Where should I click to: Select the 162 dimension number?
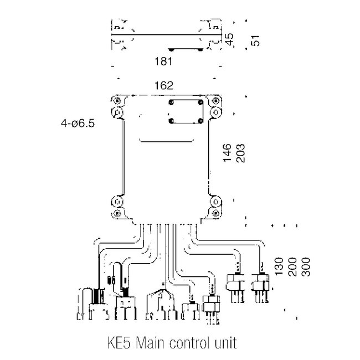[x=165, y=85]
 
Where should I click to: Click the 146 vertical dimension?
[x=227, y=152]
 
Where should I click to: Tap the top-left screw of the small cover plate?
[x=171, y=104]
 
